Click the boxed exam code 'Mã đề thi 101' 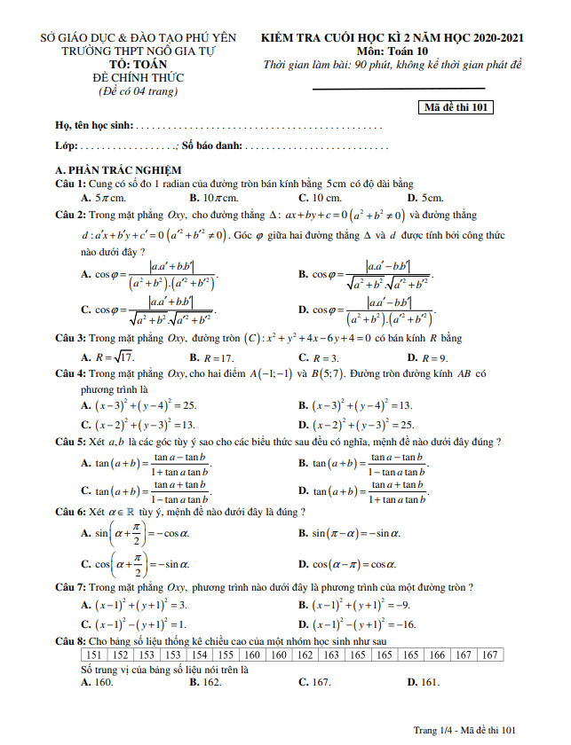(x=456, y=108)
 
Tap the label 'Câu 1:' (x=70, y=183)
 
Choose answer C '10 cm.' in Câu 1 (x=321, y=197)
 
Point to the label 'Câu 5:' (x=70, y=441)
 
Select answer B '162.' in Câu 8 (x=206, y=682)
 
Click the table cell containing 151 (x=93, y=655)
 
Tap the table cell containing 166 (x=436, y=655)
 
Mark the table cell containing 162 (x=305, y=655)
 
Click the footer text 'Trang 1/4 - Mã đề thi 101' (x=464, y=730)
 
